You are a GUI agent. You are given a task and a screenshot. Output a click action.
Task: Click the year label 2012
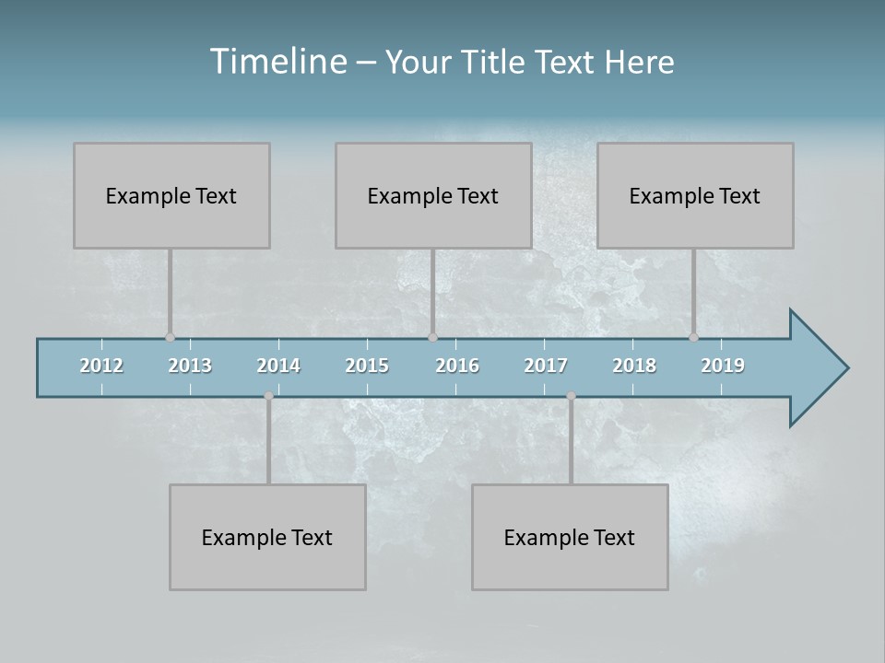(x=101, y=366)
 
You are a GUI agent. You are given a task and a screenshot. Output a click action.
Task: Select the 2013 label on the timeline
(x=190, y=366)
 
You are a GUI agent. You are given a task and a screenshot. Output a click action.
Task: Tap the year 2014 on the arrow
(x=278, y=366)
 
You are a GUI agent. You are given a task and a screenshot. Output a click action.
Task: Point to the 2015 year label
(x=367, y=366)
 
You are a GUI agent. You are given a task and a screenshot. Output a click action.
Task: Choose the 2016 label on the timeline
(x=457, y=366)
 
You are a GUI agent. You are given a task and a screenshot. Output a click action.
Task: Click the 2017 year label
(x=546, y=366)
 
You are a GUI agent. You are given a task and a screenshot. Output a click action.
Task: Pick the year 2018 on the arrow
(x=634, y=366)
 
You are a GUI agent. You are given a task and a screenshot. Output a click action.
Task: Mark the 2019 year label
(x=723, y=366)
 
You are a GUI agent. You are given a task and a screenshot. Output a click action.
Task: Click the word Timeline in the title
(x=277, y=62)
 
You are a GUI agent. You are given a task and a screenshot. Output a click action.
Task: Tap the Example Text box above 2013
(x=171, y=195)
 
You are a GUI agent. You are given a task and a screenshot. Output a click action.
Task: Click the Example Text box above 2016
(x=433, y=195)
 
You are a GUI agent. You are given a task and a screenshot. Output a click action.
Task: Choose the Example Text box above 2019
(x=695, y=195)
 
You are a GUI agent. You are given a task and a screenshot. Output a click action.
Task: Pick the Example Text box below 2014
(x=267, y=537)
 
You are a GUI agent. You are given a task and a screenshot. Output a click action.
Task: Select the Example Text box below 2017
(x=570, y=537)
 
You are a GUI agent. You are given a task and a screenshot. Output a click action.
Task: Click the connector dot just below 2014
(x=268, y=396)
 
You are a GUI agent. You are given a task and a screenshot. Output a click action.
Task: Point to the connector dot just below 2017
(x=571, y=396)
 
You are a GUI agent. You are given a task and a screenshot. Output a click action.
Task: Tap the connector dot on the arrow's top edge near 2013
(x=170, y=337)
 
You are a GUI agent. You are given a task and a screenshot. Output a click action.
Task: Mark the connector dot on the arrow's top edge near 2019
(x=693, y=337)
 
